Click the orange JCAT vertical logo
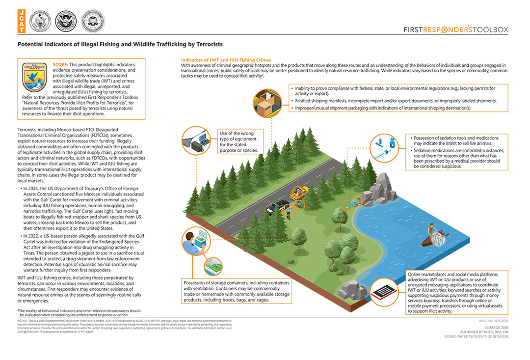coord(22,21)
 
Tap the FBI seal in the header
coord(92,21)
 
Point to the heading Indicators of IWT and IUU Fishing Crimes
coord(226,60)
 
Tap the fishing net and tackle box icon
coord(195,140)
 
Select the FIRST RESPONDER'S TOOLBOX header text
coord(455,29)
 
